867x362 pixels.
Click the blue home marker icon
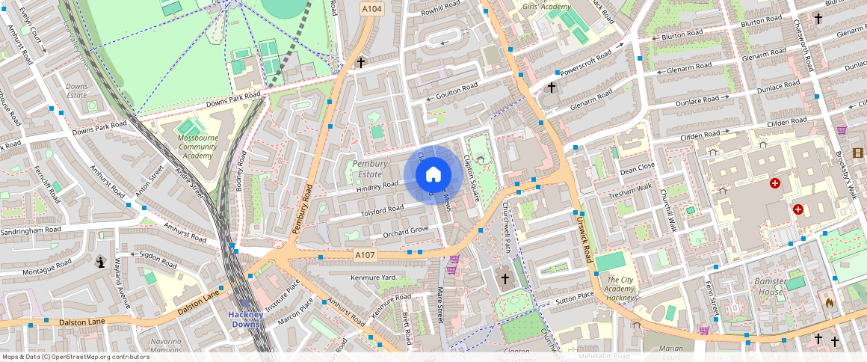click(433, 175)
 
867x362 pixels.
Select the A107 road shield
click(365, 256)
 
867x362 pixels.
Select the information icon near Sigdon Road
click(99, 261)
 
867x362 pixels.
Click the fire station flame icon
click(828, 303)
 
